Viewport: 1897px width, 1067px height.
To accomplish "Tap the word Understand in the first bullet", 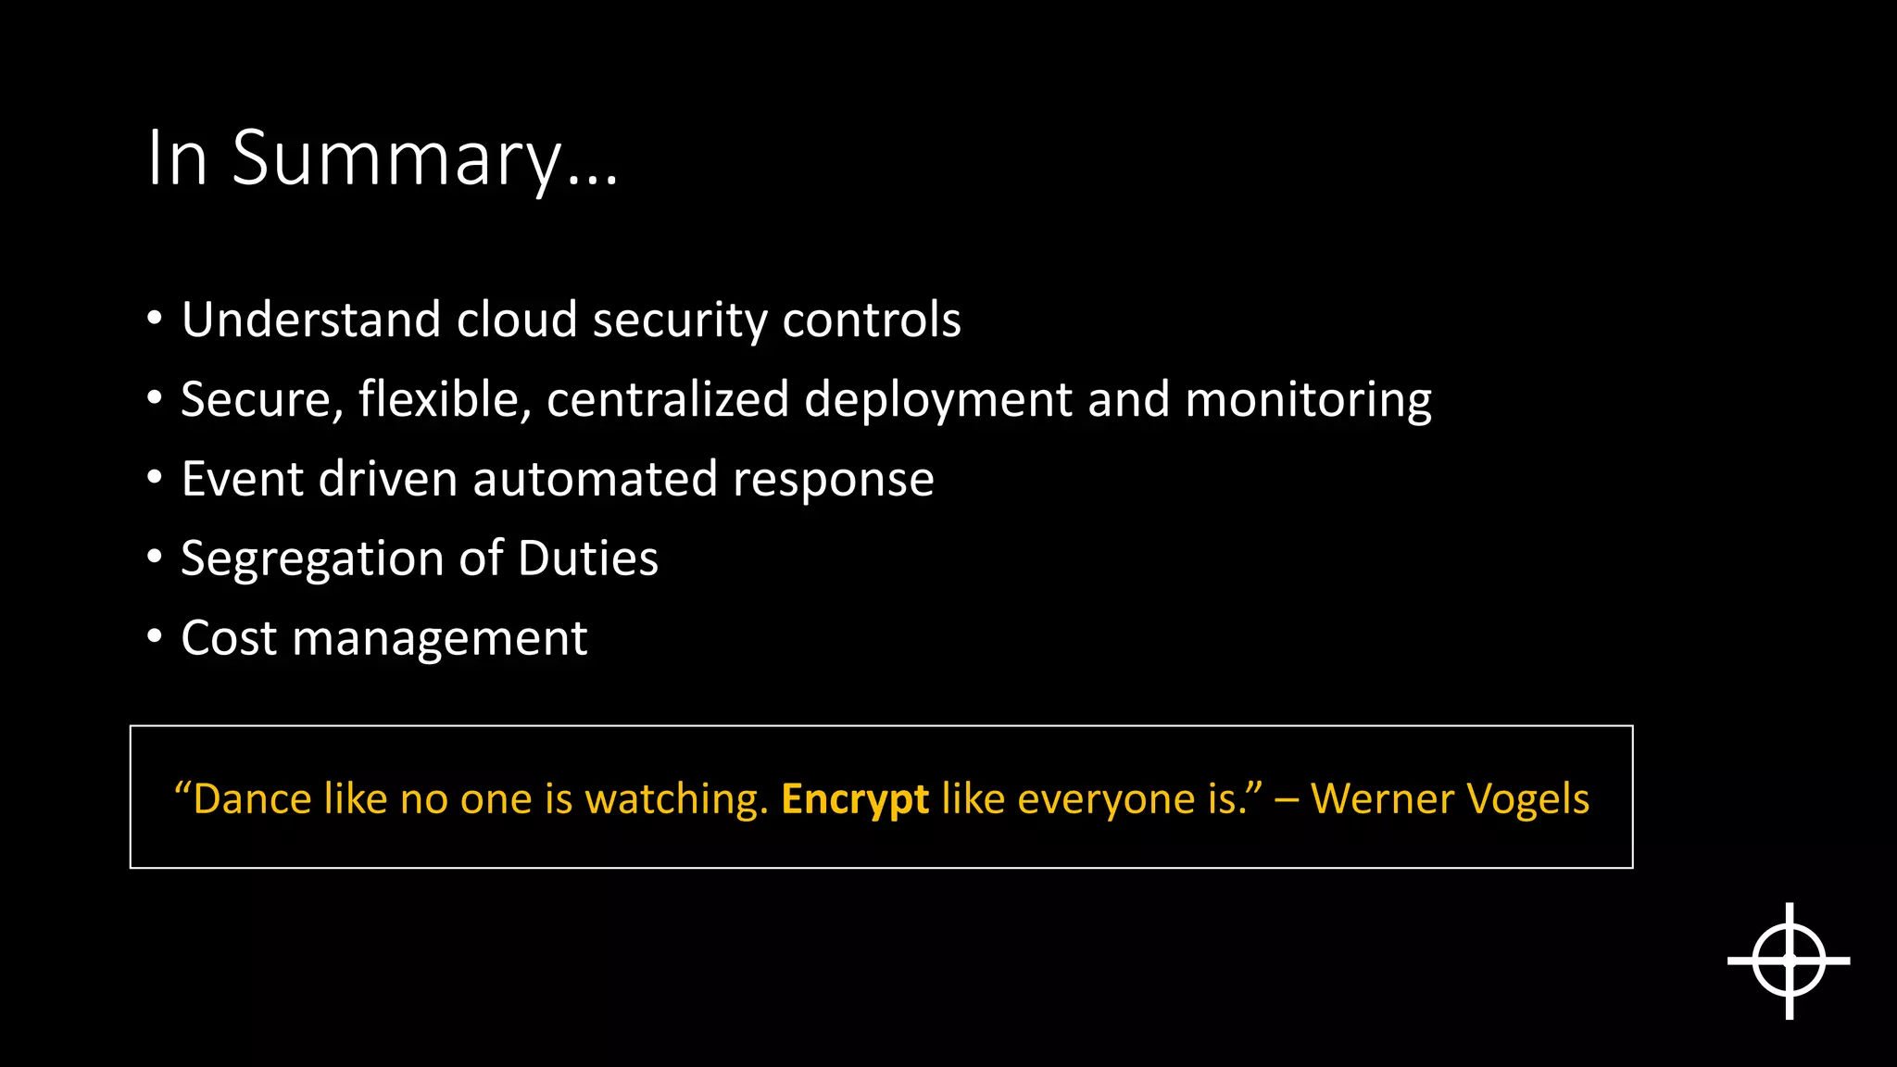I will click(309, 320).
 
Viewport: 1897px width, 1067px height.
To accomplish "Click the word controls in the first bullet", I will click(871, 320).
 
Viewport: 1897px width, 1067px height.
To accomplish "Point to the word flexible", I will click(445, 400).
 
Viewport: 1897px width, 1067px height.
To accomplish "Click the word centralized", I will click(667, 400).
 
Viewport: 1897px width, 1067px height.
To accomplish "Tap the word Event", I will click(243, 480).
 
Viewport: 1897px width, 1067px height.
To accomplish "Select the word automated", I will click(595, 480).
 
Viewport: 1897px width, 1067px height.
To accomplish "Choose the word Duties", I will click(588, 559).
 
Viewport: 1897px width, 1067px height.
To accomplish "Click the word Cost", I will click(229, 639).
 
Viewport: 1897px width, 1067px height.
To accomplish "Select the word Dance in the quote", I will click(252, 799).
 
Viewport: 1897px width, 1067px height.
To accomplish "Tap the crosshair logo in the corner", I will click(1789, 961).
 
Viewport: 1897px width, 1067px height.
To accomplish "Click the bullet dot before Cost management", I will click(155, 637).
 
